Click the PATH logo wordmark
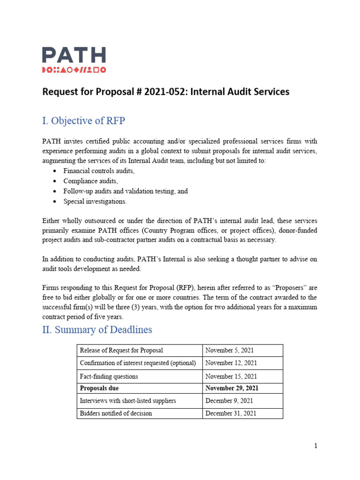[x=74, y=55]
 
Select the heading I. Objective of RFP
[x=83, y=121]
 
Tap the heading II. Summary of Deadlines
[x=97, y=330]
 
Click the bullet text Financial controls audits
[x=98, y=171]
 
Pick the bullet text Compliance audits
[x=90, y=181]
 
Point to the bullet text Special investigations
[x=95, y=201]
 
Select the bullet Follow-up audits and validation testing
[x=125, y=191]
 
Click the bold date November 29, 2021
[x=232, y=388]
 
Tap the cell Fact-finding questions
[x=109, y=376]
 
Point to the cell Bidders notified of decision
[x=116, y=413]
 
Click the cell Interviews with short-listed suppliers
[x=127, y=401]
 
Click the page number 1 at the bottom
[x=315, y=446]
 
